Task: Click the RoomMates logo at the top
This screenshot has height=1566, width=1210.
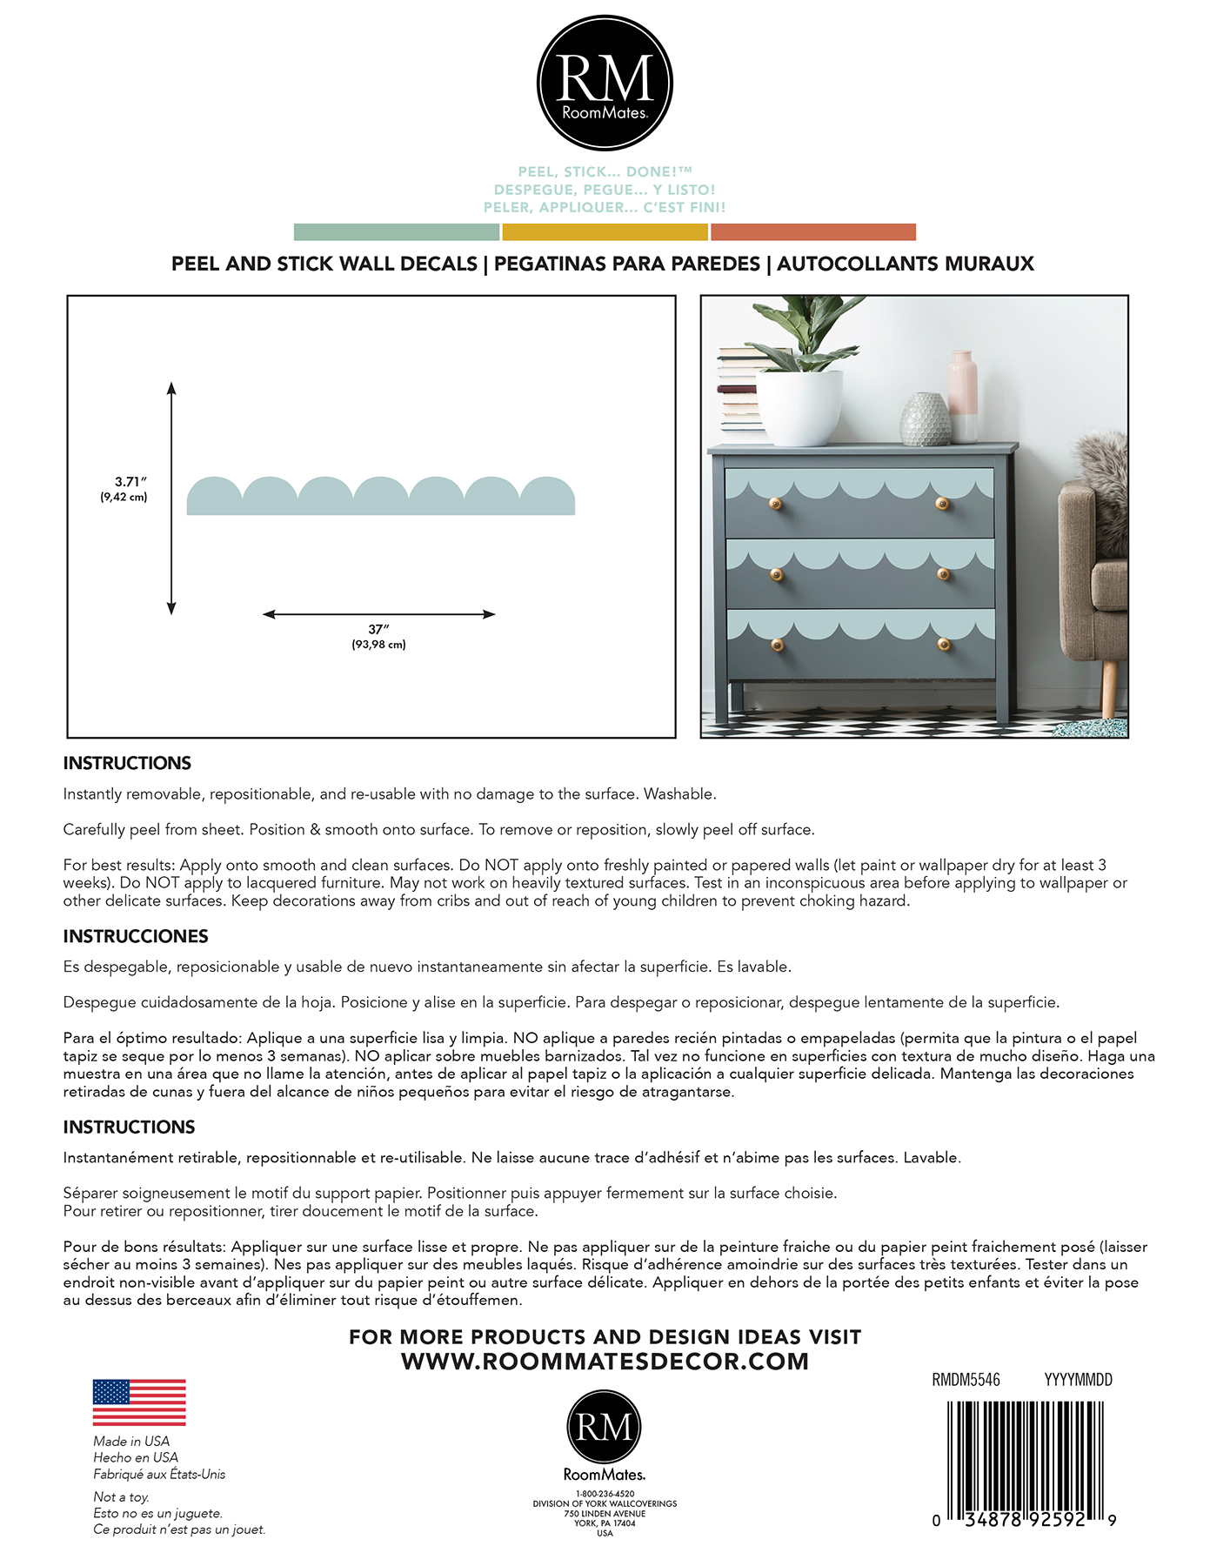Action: pos(605,84)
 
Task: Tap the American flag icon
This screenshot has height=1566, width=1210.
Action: pos(139,1402)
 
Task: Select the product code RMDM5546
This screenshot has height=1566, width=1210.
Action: pos(966,1380)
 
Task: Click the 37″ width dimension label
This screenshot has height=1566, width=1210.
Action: pos(378,629)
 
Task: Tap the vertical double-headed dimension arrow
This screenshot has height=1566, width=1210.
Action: pos(171,498)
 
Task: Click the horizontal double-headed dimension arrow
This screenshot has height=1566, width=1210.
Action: pos(378,614)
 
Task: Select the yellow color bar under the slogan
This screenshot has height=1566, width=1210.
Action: pos(605,232)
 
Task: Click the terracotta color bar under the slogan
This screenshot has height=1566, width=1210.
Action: pos(812,232)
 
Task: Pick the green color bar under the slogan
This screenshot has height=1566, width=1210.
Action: pos(397,232)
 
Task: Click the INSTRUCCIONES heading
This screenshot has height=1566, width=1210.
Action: pos(136,936)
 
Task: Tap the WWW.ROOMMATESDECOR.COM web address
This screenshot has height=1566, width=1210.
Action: pos(605,1362)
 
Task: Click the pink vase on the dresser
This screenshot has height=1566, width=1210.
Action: pos(962,396)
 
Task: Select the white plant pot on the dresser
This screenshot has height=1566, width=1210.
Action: pos(799,407)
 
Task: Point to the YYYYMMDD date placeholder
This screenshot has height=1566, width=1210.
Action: pos(1078,1380)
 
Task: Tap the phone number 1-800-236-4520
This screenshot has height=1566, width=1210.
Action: pos(605,1494)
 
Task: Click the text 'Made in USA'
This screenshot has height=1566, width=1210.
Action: pos(131,1442)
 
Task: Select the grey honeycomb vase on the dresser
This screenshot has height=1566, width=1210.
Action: pos(925,419)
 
